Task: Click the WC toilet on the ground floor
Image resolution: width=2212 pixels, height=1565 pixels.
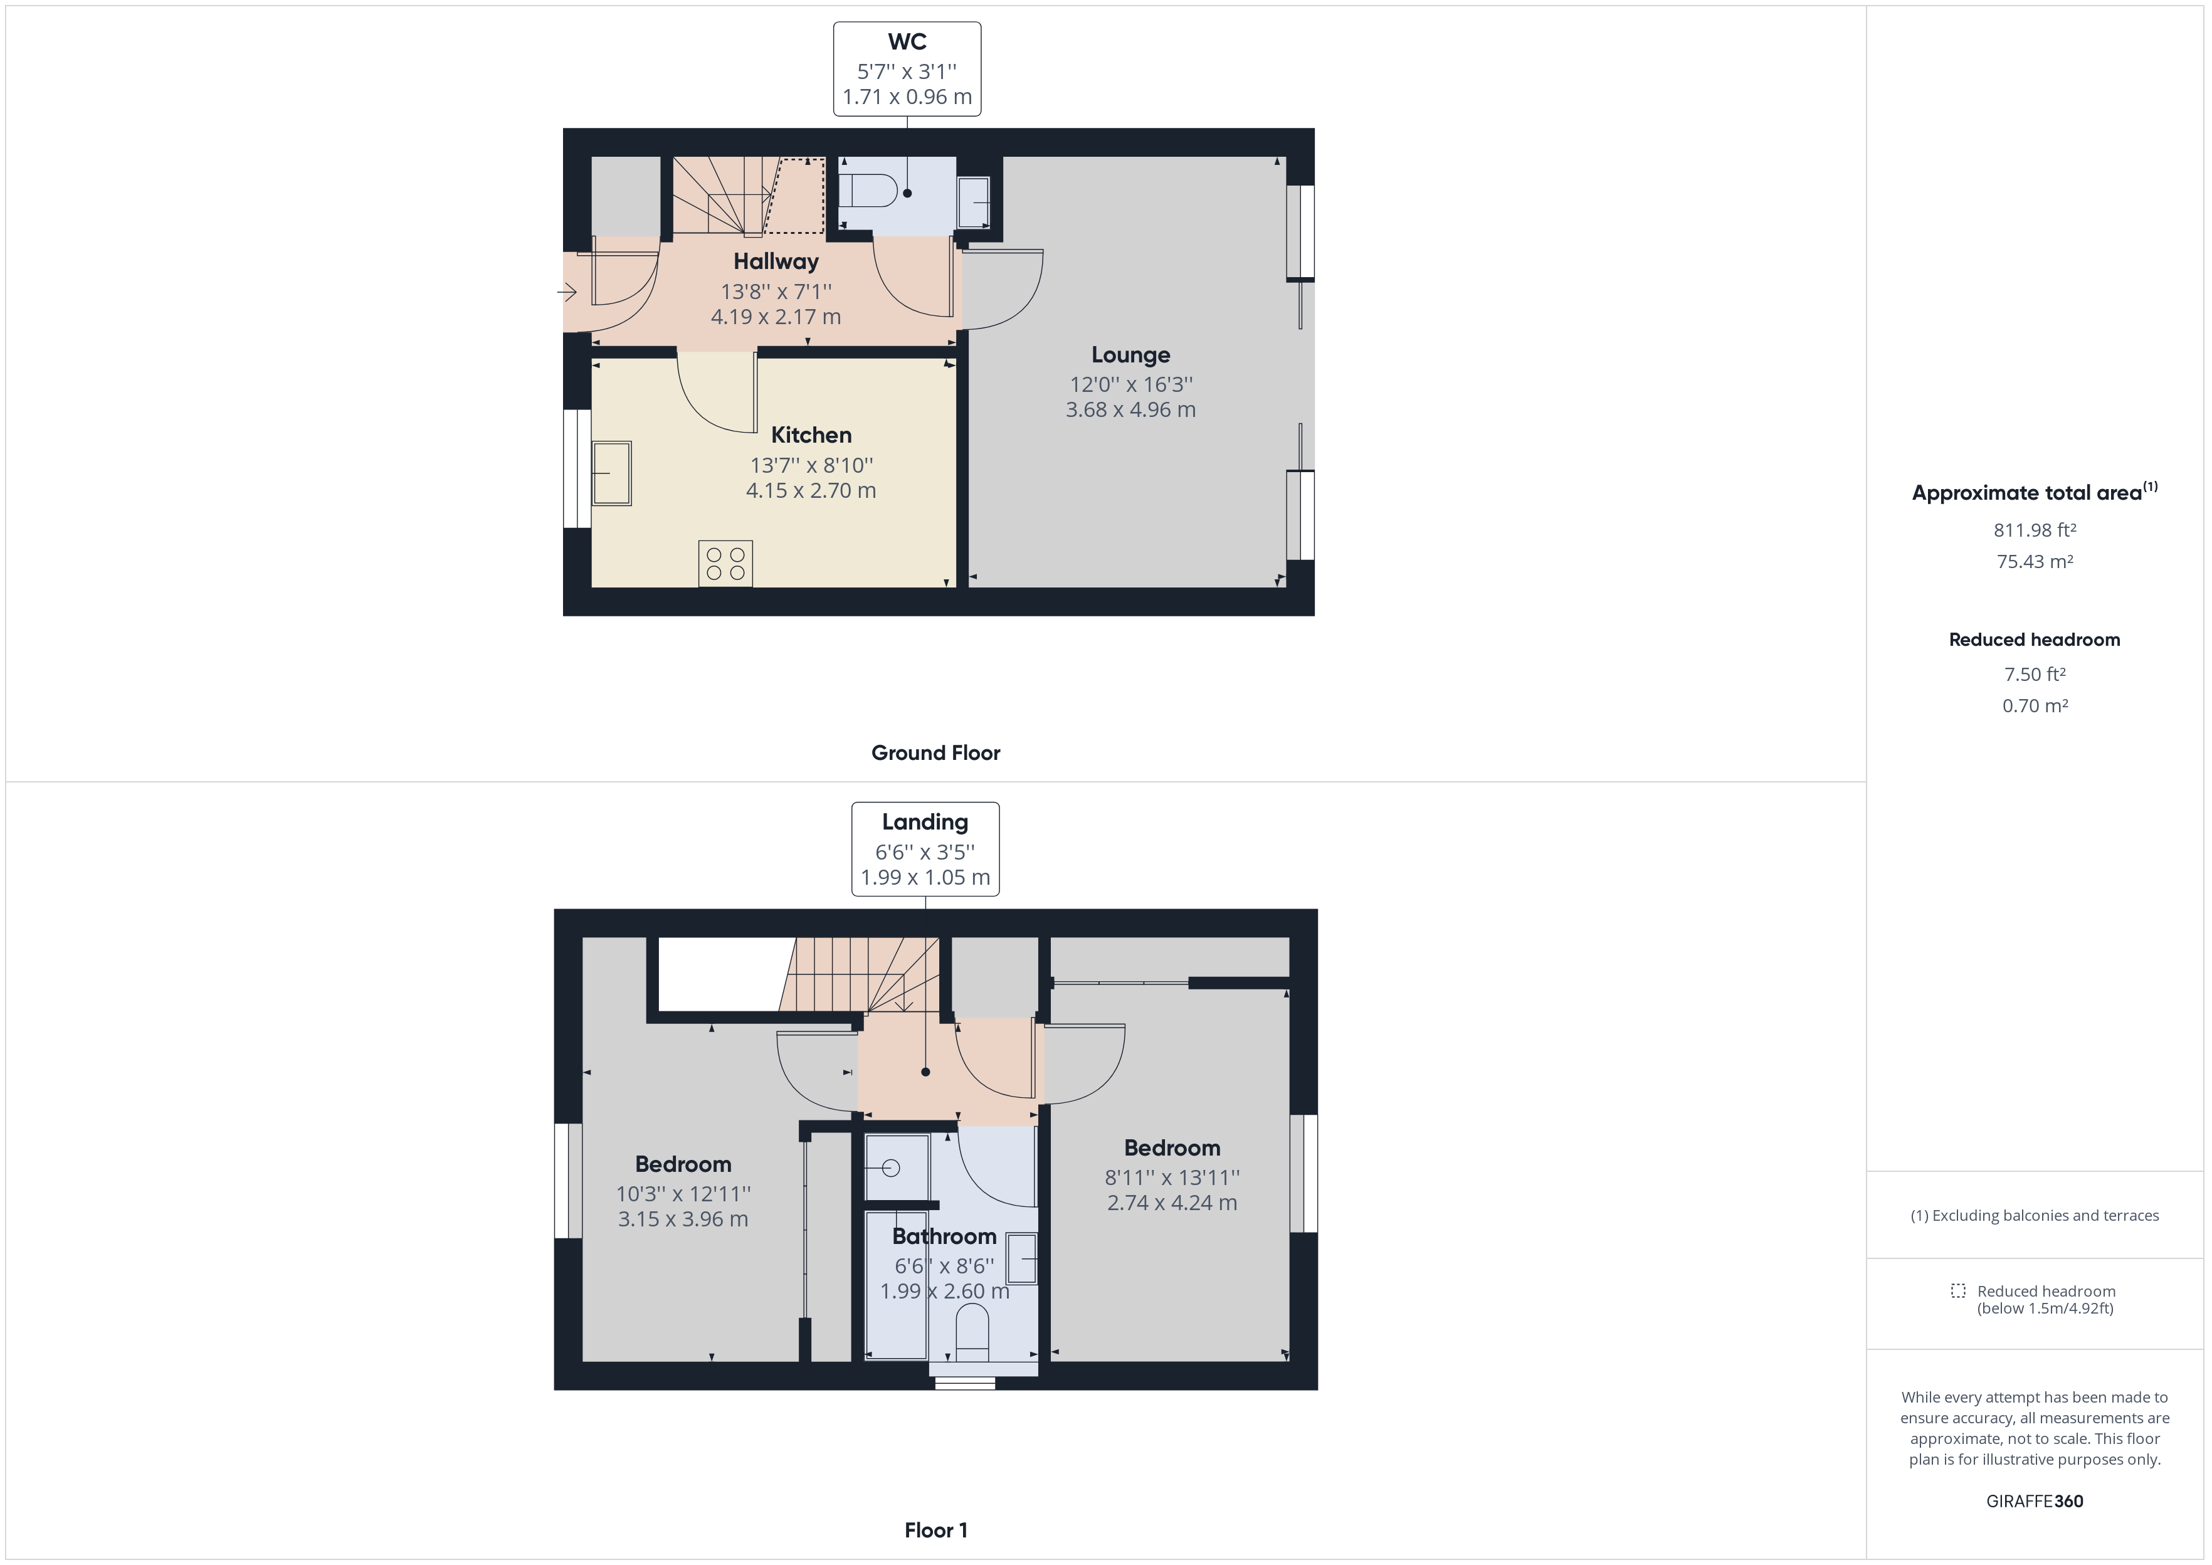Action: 870,191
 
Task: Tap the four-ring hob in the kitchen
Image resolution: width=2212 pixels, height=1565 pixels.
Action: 725,564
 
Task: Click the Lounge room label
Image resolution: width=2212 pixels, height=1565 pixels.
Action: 1130,355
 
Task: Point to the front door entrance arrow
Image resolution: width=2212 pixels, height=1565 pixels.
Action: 567,291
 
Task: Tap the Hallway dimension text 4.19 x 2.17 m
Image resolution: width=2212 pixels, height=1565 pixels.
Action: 776,316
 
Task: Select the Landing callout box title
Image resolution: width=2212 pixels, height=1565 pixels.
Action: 925,822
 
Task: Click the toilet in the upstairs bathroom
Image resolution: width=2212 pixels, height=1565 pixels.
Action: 971,1332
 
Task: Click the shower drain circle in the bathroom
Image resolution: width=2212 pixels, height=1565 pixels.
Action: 890,1168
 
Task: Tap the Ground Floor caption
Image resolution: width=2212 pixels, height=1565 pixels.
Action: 935,752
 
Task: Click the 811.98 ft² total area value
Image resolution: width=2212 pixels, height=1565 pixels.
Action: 2035,530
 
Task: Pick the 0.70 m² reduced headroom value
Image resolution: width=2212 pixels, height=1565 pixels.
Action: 2035,705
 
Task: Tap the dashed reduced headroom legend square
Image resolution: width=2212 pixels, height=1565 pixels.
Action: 1957,1290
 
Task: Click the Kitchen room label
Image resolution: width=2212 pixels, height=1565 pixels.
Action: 811,435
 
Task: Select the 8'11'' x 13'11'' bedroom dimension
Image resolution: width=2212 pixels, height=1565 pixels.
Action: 1171,1177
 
